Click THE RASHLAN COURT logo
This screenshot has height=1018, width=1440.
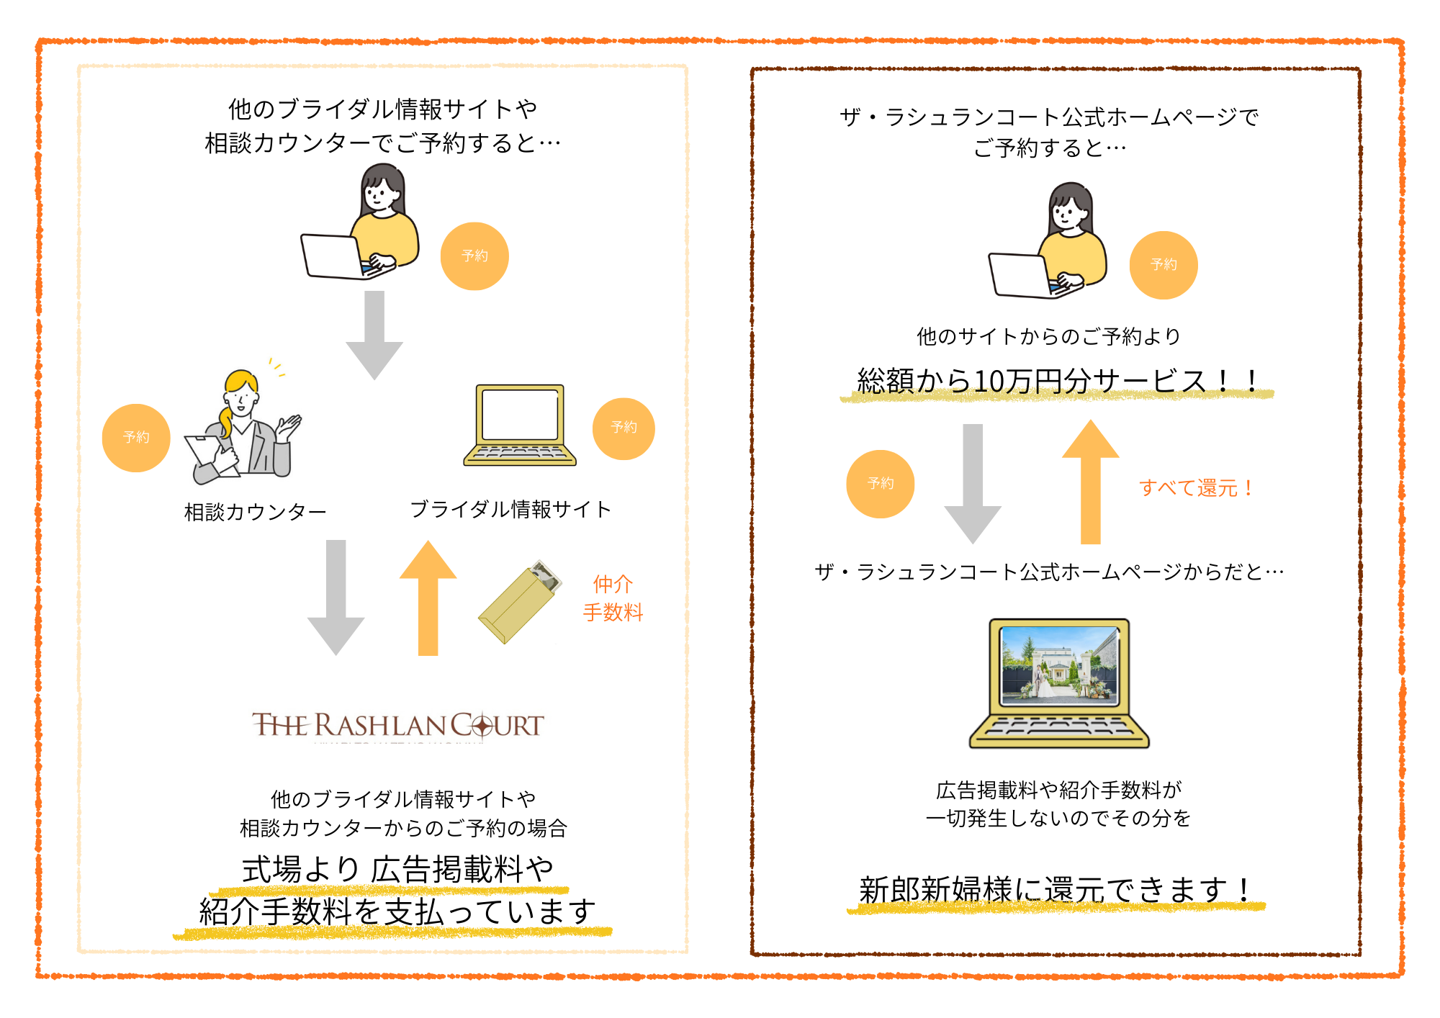(397, 726)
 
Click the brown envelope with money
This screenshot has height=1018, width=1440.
(520, 602)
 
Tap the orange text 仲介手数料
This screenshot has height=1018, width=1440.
(613, 598)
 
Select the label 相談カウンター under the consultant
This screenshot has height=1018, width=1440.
(255, 512)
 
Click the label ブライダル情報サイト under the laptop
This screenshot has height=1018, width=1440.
(510, 510)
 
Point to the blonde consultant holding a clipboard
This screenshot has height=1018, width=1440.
(243, 429)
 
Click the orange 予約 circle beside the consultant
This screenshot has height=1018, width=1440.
(136, 438)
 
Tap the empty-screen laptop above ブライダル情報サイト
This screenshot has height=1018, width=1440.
(520, 425)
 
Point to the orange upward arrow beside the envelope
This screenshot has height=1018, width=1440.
(428, 597)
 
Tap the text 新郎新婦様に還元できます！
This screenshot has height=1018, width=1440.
(1056, 890)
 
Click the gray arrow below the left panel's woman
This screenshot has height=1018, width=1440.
(374, 334)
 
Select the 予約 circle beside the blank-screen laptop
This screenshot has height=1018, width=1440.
(624, 428)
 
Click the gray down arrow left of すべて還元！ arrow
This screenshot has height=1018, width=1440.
(973, 482)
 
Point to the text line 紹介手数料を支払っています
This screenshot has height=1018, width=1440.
(397, 912)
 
